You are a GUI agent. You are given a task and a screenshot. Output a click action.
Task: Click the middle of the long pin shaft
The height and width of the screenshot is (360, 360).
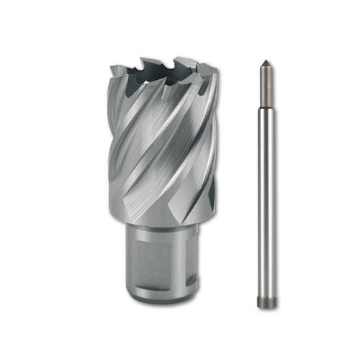(x=267, y=202)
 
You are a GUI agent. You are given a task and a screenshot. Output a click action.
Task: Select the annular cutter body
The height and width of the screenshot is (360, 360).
(x=162, y=144)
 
